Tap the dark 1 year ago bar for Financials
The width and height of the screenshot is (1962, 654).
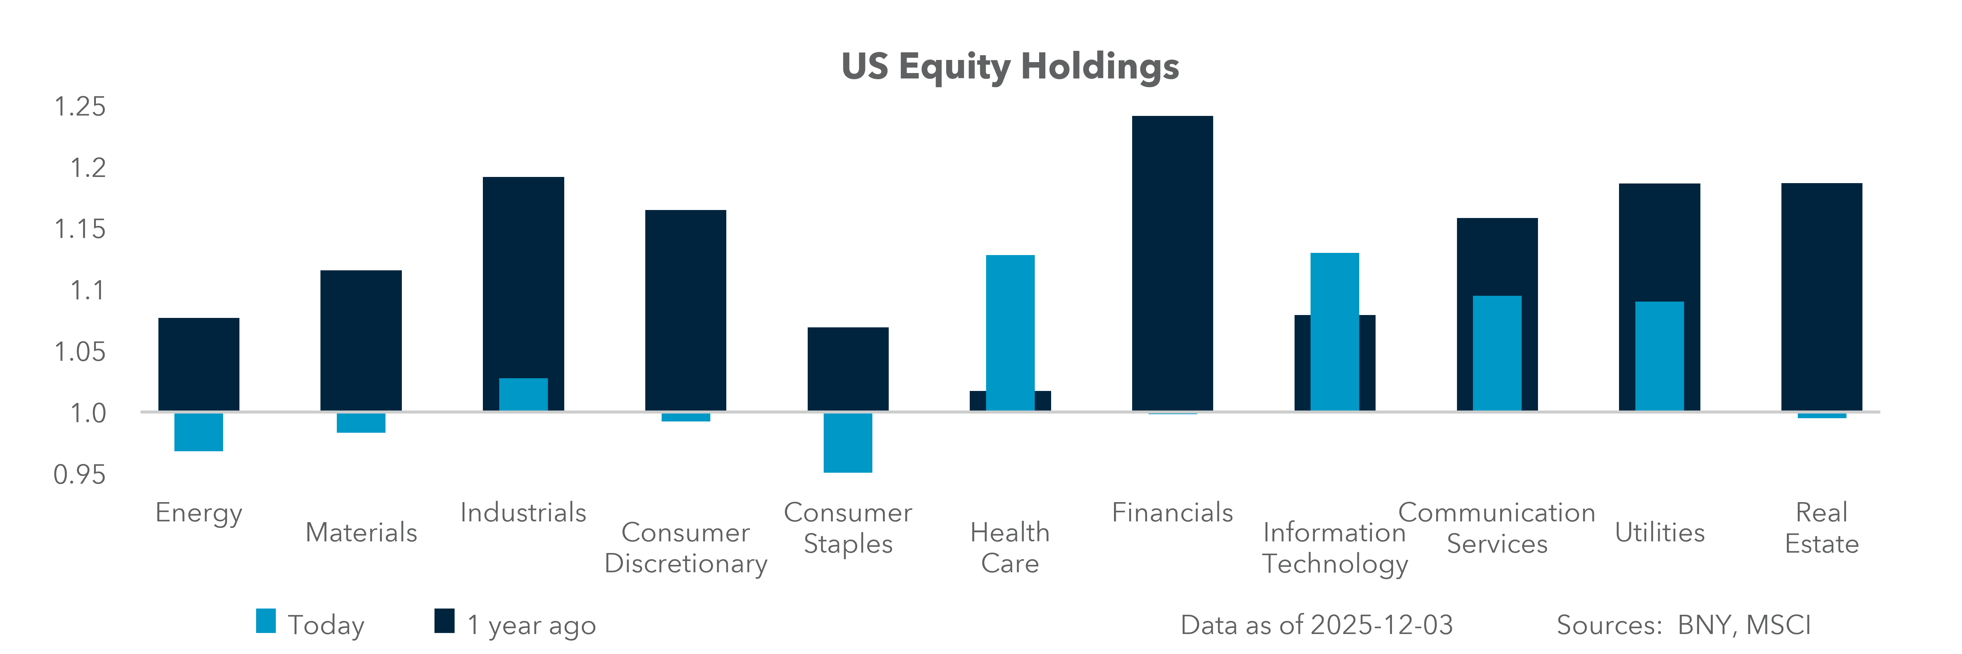tap(1172, 263)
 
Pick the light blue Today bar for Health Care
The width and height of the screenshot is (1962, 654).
tap(1010, 333)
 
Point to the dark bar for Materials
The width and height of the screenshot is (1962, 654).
tap(361, 340)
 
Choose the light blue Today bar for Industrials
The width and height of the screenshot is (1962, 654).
tap(523, 394)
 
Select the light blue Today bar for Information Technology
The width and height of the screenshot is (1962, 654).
tap(1335, 332)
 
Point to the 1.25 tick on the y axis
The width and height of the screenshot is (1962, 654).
tap(80, 106)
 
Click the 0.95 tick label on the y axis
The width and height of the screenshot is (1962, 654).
tap(80, 475)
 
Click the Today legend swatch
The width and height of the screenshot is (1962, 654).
tap(266, 621)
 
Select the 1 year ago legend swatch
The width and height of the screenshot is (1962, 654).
tap(444, 621)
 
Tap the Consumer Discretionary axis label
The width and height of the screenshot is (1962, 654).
tap(686, 548)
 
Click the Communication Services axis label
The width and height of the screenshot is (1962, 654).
tap(1497, 528)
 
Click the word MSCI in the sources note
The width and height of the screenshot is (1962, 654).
tap(1778, 625)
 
